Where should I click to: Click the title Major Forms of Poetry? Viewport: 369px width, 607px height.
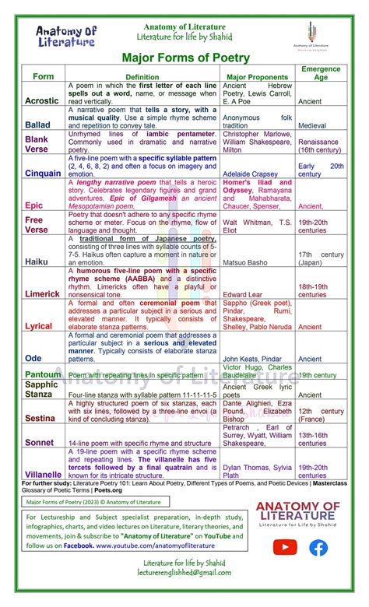coord(185,58)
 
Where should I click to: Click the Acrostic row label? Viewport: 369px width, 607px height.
coord(41,101)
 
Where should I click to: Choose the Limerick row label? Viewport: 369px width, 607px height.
coord(41,294)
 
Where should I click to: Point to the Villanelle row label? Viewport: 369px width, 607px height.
coord(43,474)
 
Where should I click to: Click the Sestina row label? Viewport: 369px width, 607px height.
coord(40,417)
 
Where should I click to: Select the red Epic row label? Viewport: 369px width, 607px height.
coord(33,205)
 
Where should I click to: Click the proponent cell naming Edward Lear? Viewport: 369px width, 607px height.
coord(244,295)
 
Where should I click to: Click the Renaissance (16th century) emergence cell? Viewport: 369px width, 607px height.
coord(321,146)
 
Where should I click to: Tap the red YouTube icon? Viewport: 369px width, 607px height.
coord(285,548)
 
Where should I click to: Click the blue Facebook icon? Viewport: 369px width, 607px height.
coord(318,548)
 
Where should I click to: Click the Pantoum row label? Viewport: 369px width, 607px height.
coord(42,374)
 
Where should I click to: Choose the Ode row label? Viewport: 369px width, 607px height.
coord(34,359)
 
